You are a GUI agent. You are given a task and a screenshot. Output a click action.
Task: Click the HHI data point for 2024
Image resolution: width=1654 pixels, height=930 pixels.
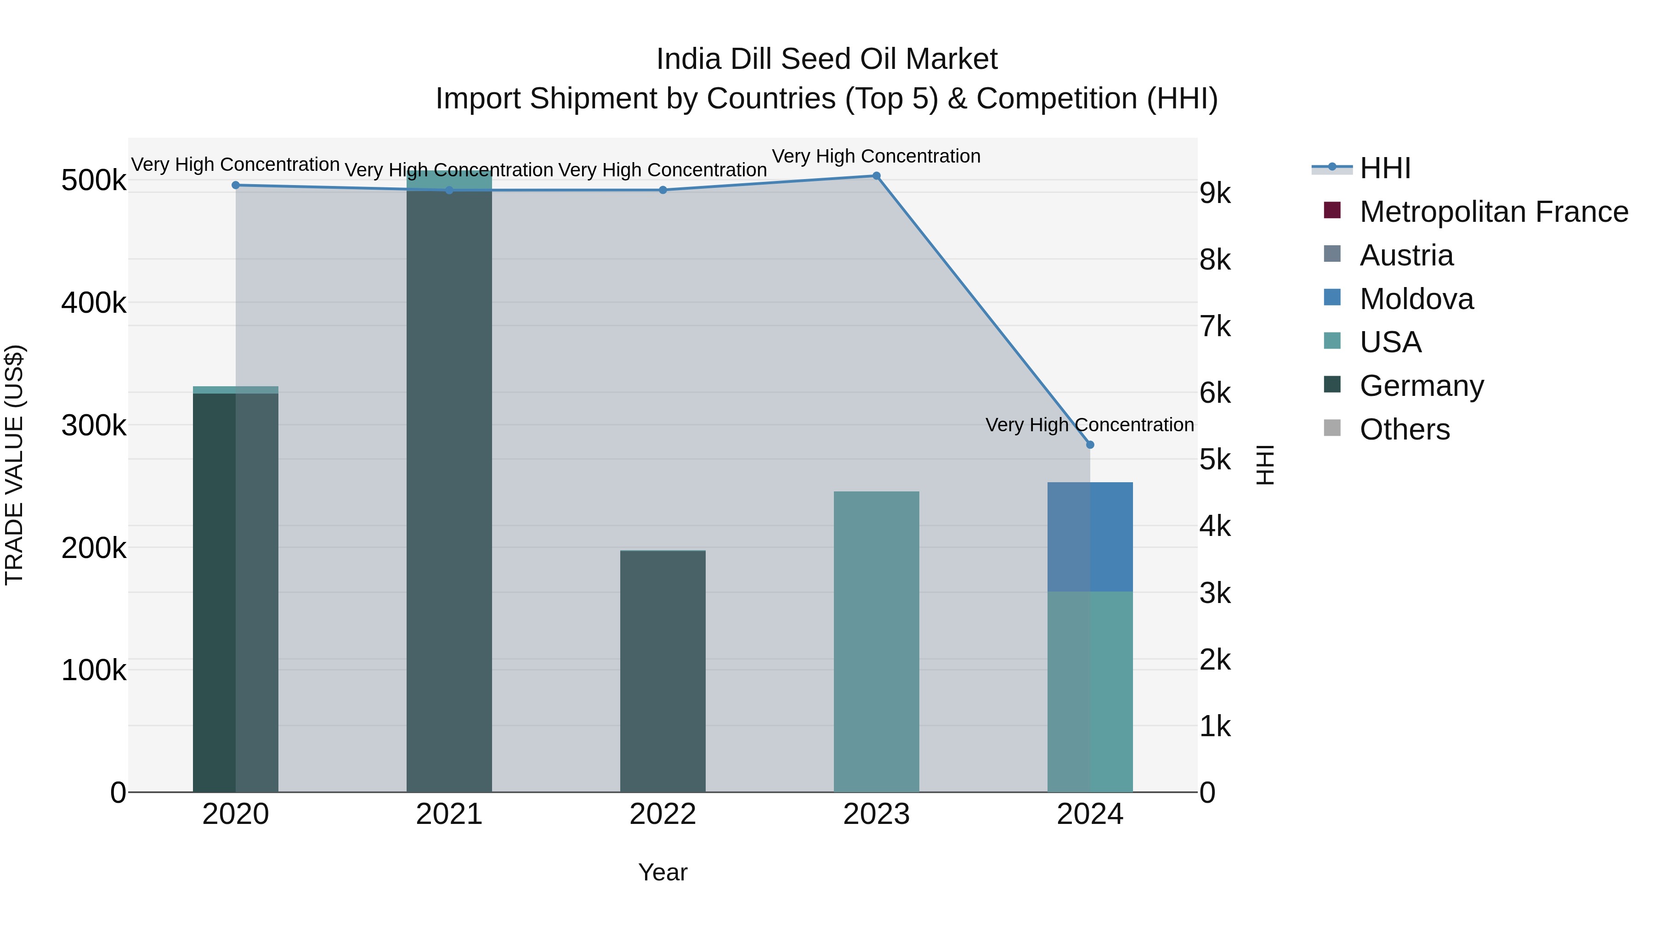click(1090, 445)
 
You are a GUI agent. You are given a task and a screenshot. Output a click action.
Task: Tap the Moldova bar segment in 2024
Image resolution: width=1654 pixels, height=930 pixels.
click(1090, 536)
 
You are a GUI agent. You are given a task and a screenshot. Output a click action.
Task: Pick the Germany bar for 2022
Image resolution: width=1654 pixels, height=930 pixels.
click(663, 671)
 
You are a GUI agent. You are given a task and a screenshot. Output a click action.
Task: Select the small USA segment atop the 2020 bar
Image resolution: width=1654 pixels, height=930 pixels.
click(236, 389)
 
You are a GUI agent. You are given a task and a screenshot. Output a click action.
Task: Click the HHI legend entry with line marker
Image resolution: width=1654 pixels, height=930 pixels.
click(1385, 168)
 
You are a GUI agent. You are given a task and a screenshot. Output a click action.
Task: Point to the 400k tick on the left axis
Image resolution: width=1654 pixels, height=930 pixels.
click(94, 302)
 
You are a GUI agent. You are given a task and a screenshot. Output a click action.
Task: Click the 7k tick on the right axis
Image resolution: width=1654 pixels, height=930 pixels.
click(1215, 326)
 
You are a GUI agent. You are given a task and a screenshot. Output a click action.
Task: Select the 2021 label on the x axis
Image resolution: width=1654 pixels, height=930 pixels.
click(449, 814)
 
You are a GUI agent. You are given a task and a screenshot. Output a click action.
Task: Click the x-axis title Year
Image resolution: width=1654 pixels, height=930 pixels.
click(663, 872)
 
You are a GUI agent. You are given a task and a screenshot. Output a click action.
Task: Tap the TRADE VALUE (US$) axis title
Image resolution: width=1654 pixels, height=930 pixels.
click(14, 465)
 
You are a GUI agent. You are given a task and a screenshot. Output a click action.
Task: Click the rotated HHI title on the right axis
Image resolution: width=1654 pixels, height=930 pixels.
click(1264, 465)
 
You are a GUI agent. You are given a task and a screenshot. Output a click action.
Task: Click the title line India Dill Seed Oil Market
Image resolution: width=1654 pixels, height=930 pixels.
click(827, 59)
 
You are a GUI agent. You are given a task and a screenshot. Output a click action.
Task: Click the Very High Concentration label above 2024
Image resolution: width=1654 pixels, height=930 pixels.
click(1090, 425)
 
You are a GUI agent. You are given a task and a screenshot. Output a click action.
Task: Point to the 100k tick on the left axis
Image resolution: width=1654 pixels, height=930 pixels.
click(94, 670)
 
